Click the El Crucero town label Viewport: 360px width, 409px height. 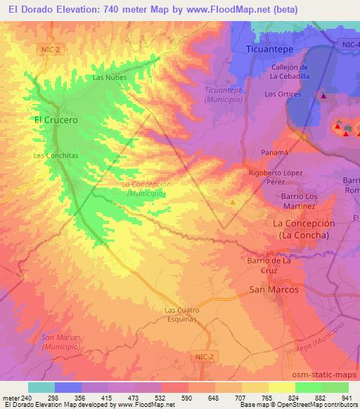[56, 120]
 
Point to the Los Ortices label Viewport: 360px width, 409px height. [283, 94]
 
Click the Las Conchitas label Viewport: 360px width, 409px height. [53, 155]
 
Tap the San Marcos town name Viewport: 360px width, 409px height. [274, 290]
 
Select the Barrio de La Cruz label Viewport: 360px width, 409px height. [269, 265]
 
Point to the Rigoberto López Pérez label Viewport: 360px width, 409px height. [276, 176]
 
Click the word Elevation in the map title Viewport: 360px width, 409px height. [70, 10]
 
